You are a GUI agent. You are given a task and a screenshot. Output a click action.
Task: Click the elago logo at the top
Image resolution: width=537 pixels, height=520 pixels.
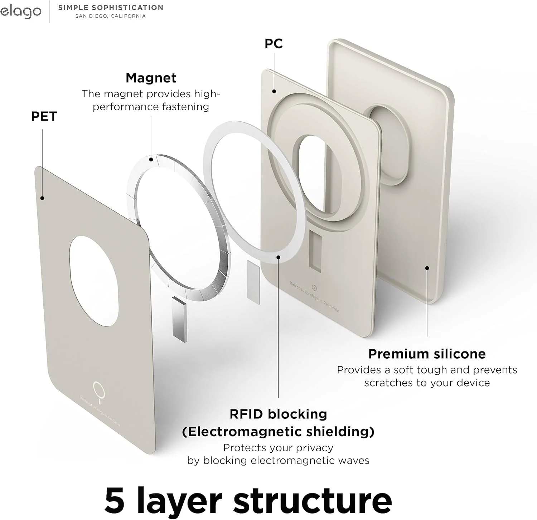click(20, 11)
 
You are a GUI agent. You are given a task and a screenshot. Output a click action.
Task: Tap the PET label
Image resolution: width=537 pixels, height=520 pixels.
click(44, 116)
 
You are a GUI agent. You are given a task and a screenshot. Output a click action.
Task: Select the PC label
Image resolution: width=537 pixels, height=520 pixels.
click(274, 44)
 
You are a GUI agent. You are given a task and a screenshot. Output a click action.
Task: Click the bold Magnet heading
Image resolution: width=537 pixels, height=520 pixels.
click(151, 78)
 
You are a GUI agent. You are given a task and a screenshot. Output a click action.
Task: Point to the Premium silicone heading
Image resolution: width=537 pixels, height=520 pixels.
click(427, 354)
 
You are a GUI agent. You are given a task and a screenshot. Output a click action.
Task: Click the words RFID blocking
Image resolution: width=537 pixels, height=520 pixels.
click(279, 414)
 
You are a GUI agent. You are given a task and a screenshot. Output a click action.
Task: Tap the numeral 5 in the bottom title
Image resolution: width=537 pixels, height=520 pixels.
click(115, 500)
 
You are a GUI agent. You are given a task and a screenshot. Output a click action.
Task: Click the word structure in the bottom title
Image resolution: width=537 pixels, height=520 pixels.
click(313, 500)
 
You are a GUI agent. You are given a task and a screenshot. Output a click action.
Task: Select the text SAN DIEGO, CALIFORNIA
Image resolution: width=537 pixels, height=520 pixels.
click(111, 16)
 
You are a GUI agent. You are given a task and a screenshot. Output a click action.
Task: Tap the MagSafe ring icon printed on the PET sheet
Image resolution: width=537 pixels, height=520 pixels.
click(99, 392)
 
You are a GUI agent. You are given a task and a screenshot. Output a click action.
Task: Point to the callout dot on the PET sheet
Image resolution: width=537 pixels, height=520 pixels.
click(42, 198)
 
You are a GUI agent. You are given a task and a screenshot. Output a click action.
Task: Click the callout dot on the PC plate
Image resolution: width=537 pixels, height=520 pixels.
click(274, 91)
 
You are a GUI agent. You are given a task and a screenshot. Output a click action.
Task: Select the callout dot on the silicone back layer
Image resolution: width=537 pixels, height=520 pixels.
click(427, 268)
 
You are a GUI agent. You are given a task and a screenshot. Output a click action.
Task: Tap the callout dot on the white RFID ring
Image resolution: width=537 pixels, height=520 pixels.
click(279, 257)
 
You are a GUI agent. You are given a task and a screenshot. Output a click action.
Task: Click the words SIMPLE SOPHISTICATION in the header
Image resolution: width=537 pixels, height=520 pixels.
click(111, 8)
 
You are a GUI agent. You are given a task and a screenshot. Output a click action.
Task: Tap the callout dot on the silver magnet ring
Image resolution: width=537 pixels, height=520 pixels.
click(151, 160)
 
